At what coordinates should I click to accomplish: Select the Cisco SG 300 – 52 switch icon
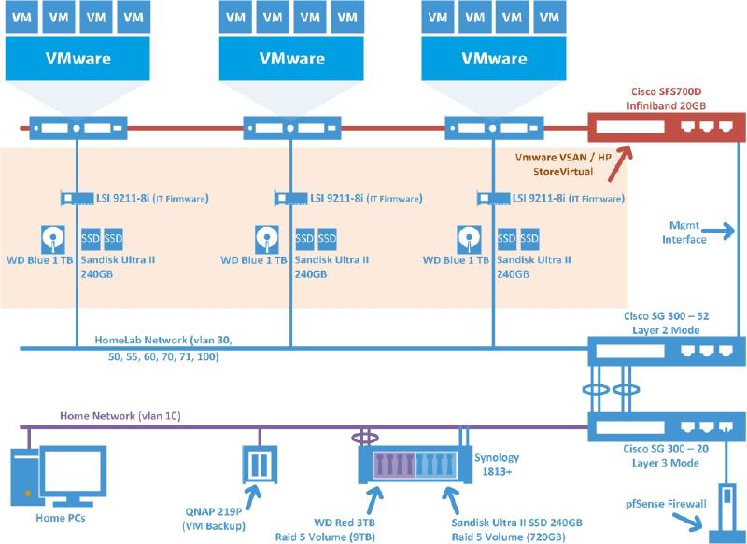(666, 352)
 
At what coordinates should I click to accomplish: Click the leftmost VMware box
(78, 58)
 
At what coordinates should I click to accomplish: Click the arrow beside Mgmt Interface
(719, 227)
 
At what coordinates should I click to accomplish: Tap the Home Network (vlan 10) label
(108, 414)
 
